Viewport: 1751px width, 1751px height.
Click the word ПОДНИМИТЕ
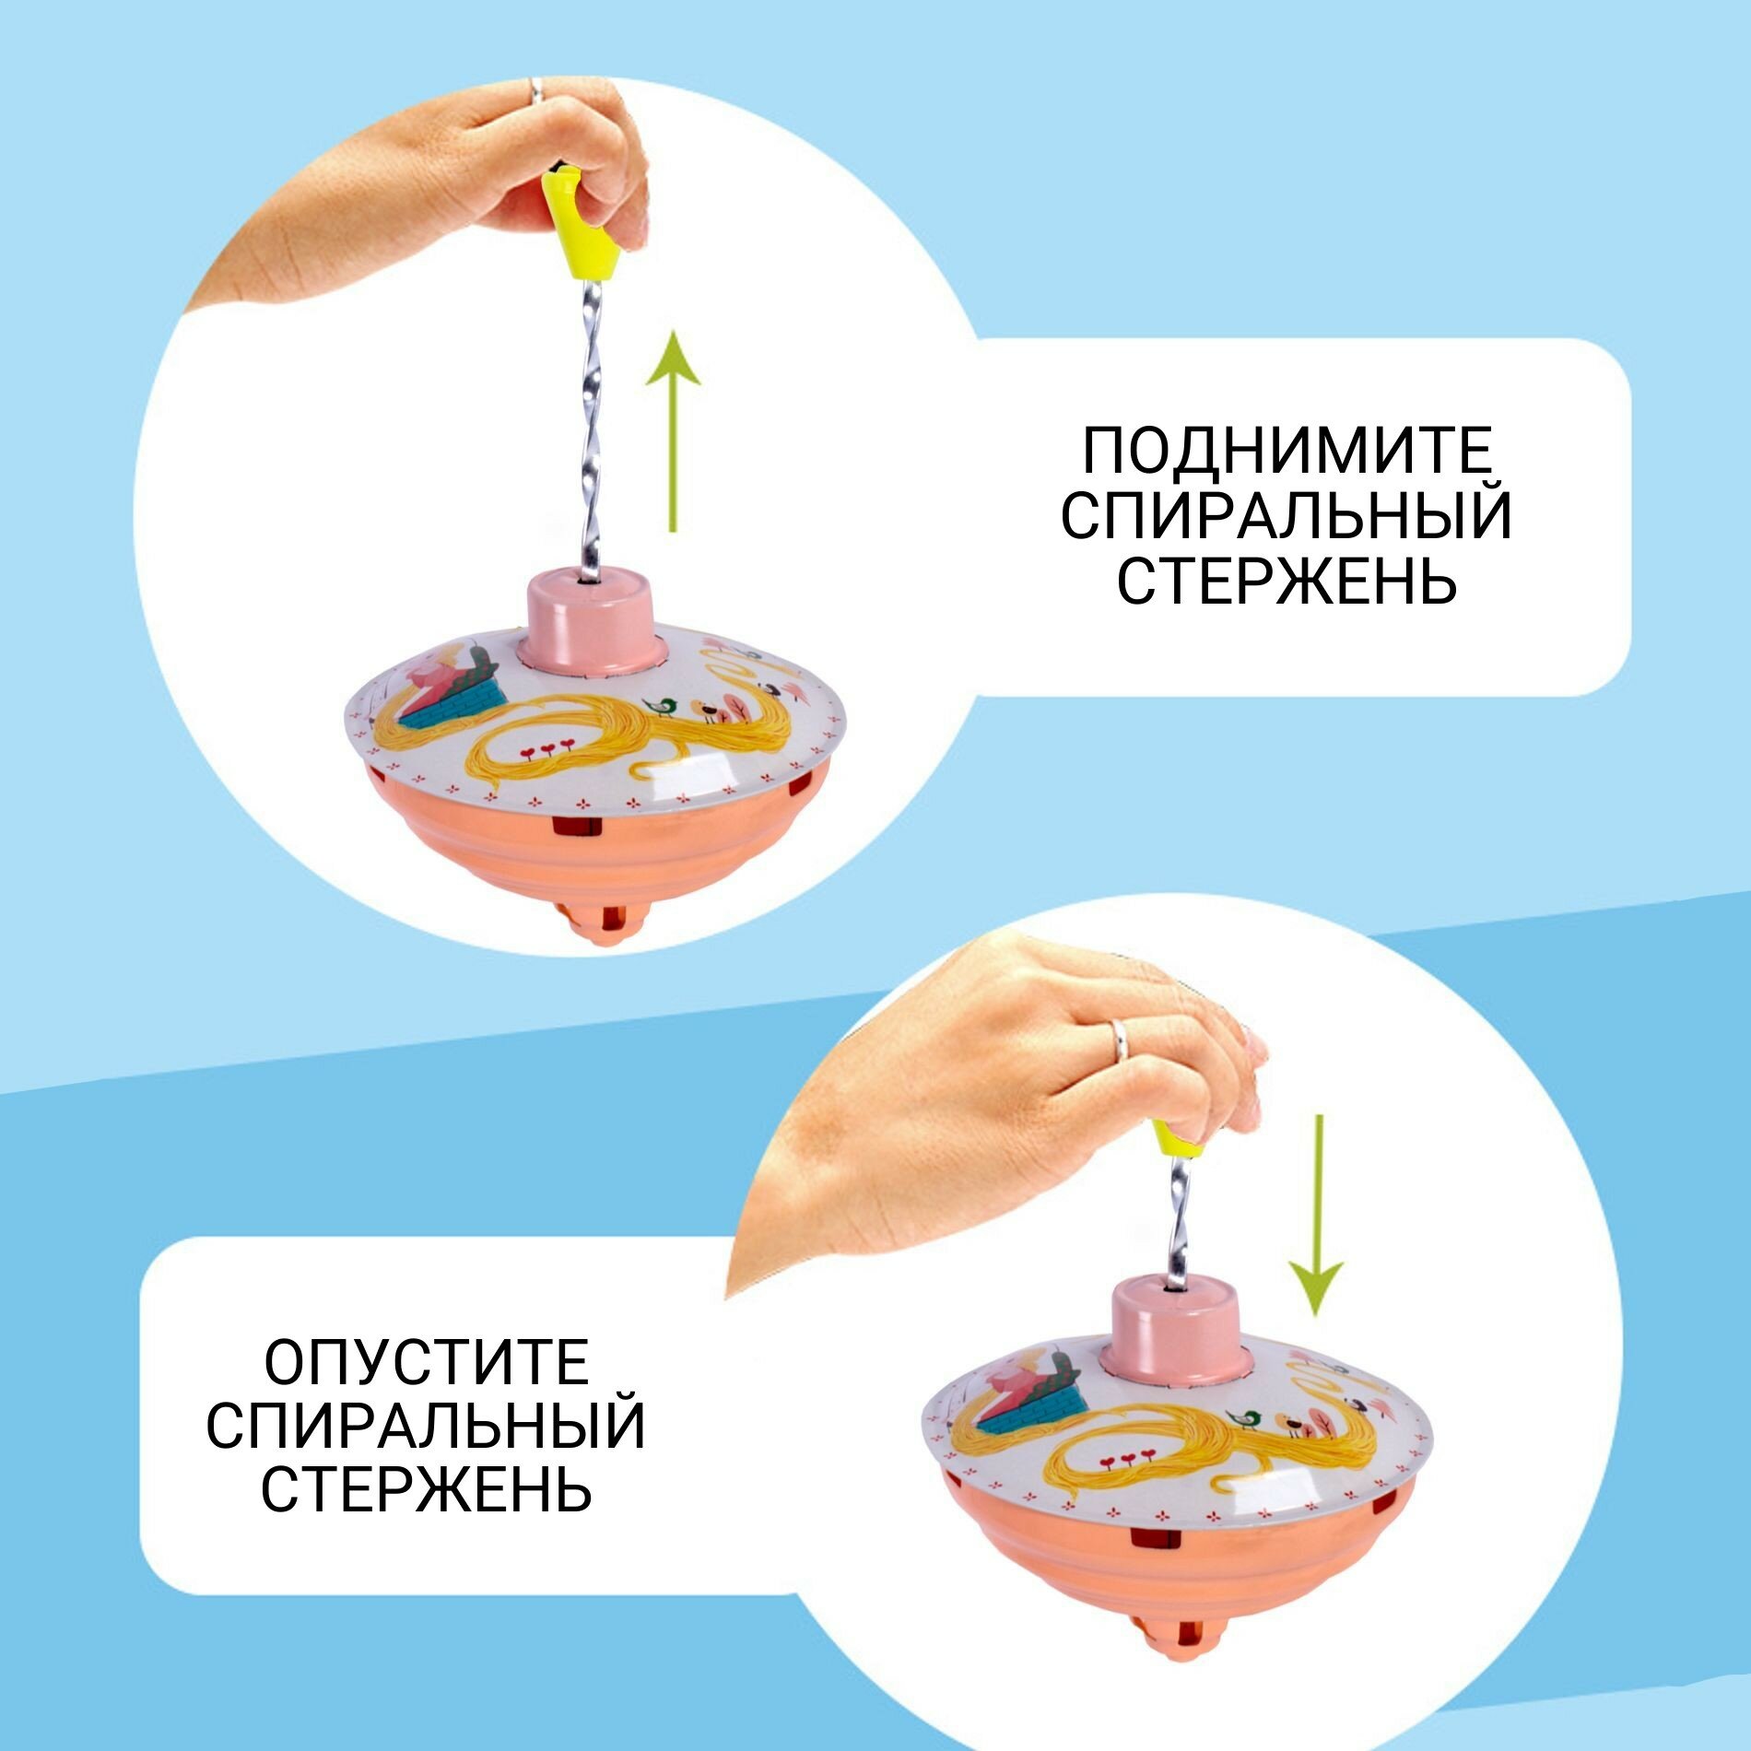pyautogui.click(x=1286, y=452)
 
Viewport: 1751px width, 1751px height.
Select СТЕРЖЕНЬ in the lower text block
pyautogui.click(x=426, y=1489)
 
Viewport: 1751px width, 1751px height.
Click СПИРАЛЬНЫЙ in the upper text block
pyautogui.click(x=1287, y=516)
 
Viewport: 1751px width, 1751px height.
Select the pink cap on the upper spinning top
pyautogui.click(x=593, y=617)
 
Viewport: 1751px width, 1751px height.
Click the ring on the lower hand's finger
pyautogui.click(x=1119, y=1038)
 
